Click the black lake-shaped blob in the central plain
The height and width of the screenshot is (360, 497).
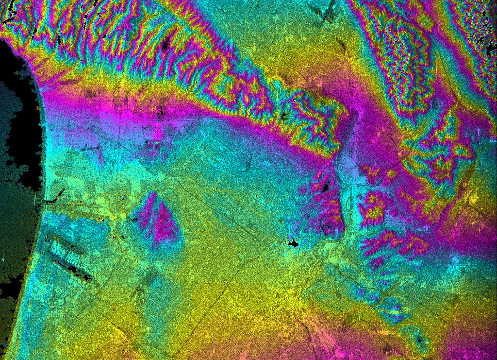293,243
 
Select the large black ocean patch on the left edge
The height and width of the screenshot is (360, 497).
19,121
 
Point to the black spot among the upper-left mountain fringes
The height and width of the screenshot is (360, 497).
168,45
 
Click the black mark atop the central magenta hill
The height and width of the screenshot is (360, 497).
325,186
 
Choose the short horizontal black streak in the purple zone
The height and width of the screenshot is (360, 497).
153,142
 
